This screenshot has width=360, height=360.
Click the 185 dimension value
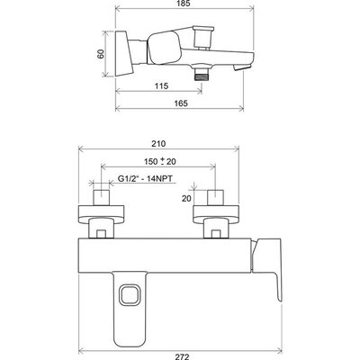point(184,4)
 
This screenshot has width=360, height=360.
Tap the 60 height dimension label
point(101,54)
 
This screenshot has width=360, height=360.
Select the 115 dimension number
point(161,86)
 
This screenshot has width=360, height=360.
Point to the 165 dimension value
point(181,103)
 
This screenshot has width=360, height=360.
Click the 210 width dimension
point(158,144)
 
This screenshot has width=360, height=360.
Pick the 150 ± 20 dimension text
point(159,161)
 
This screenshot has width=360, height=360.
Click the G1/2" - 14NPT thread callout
point(145,179)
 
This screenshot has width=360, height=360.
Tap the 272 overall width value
point(182,356)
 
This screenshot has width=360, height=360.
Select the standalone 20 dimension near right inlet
point(186,198)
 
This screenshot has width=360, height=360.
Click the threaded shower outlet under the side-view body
point(202,75)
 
